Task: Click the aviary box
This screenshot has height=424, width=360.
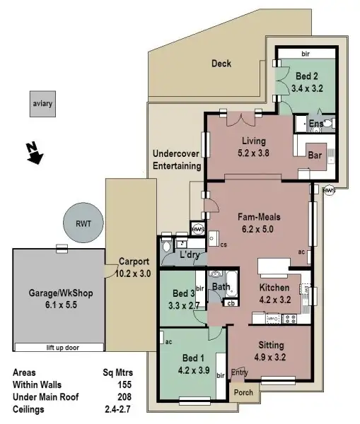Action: click(42, 105)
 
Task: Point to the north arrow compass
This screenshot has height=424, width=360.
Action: click(30, 152)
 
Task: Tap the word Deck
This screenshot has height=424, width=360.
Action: click(221, 64)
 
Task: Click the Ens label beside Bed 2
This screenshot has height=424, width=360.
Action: click(316, 124)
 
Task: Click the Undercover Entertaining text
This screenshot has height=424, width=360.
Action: click(177, 160)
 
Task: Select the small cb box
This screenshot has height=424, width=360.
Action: click(231, 304)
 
